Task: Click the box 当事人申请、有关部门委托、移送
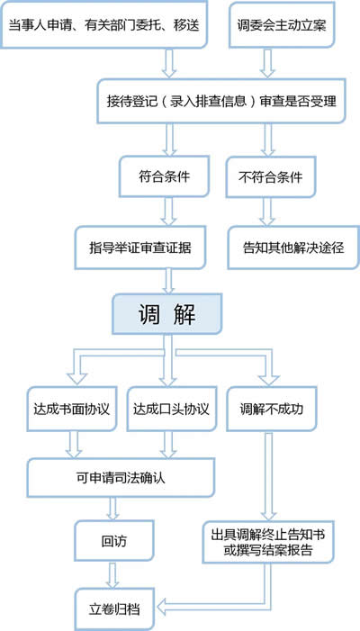103,24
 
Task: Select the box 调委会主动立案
282,25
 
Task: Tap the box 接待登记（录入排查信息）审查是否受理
221,101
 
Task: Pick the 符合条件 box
164,176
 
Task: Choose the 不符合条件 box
270,176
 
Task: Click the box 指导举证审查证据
140,248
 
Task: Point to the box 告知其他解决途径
293,248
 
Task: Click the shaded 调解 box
166,314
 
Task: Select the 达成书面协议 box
72,409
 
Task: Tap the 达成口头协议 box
171,409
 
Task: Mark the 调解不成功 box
271,409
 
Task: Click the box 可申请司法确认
121,479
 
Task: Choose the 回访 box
114,541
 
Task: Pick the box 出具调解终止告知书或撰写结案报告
268,542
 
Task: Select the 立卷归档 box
114,609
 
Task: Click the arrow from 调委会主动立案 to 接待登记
267,64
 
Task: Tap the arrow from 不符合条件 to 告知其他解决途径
267,212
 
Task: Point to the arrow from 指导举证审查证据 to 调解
169,281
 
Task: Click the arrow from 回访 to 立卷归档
113,575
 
